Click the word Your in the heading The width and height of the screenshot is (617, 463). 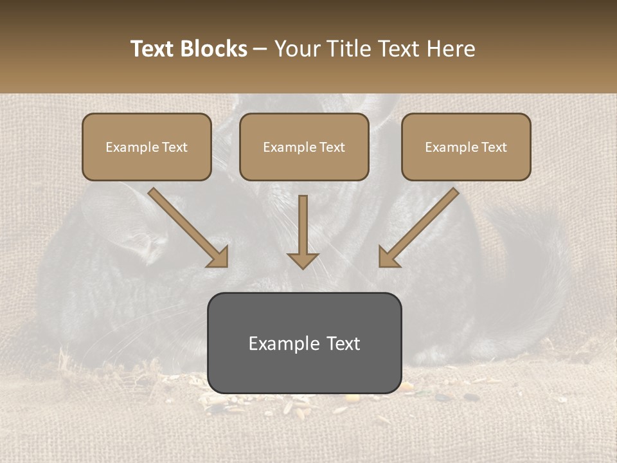(x=295, y=49)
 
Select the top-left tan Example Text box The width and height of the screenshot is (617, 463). (x=147, y=147)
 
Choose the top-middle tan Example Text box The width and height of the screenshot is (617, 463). (x=304, y=147)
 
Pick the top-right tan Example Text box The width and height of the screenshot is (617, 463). (x=466, y=147)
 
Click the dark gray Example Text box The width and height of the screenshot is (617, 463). (x=304, y=343)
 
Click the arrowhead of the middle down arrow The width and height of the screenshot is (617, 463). (x=303, y=260)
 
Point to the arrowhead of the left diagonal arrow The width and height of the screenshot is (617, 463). (x=219, y=257)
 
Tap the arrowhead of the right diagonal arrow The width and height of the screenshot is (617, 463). (x=388, y=257)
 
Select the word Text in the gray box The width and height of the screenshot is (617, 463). (x=343, y=343)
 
